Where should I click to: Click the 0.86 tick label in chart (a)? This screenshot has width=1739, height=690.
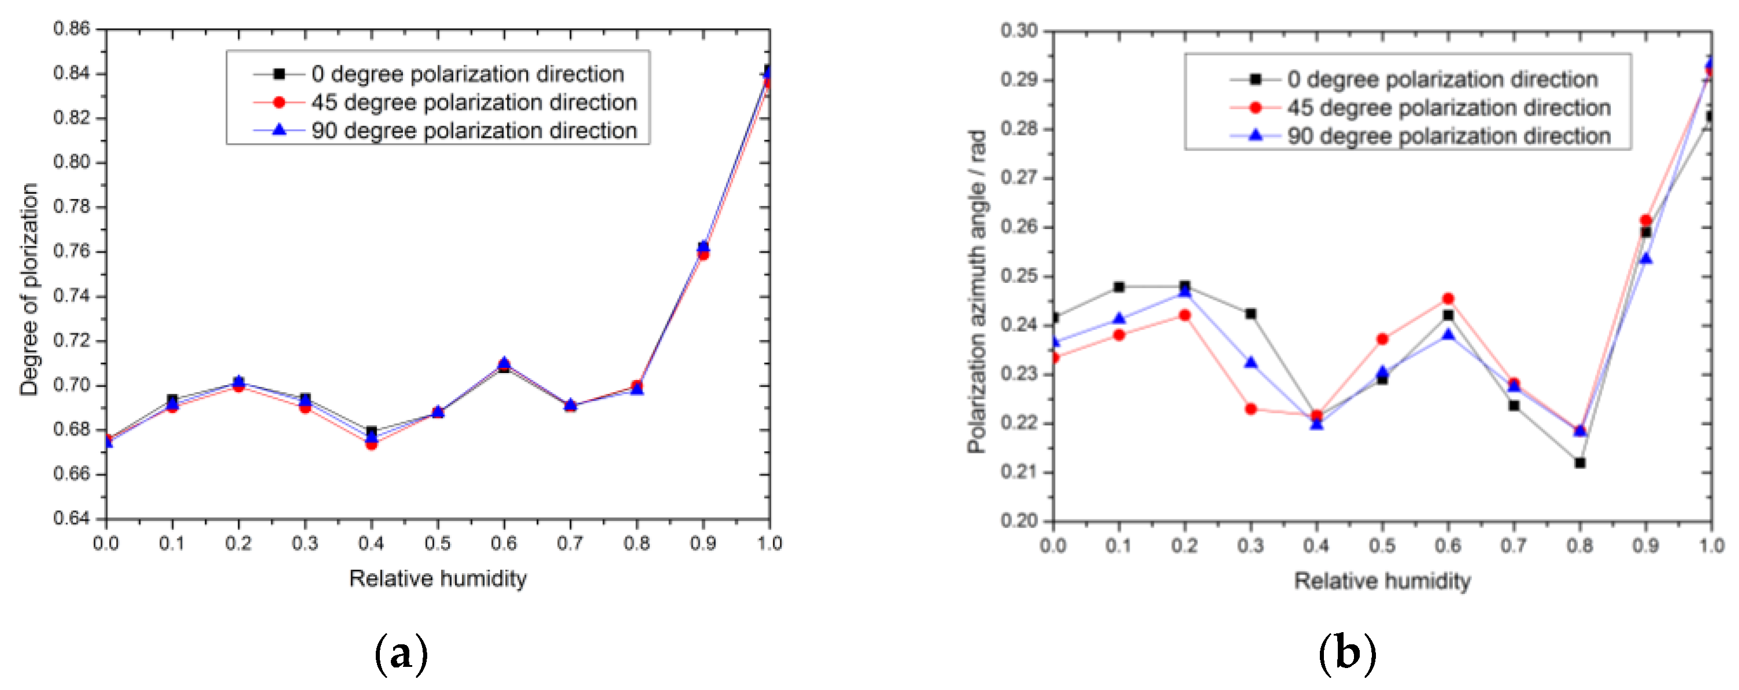tap(71, 28)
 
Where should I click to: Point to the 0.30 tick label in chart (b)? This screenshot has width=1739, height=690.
tap(1019, 31)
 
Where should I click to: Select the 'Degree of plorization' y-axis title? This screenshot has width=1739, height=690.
tap(29, 289)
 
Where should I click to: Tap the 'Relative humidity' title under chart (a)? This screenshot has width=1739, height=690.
tap(438, 578)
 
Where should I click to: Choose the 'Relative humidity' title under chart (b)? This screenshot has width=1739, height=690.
tap(1382, 581)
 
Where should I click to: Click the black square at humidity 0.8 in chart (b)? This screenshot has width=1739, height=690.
tap(1579, 463)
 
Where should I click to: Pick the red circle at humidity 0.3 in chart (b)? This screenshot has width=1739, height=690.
tap(1251, 409)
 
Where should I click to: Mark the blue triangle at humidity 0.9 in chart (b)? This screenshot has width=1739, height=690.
tap(1646, 259)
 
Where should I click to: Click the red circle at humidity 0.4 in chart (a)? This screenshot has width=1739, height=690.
tap(371, 444)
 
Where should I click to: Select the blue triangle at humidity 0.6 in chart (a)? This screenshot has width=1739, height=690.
tap(504, 363)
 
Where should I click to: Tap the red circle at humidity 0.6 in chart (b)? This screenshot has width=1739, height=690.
tap(1448, 298)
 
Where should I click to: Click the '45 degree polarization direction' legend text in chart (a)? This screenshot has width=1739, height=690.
tap(474, 102)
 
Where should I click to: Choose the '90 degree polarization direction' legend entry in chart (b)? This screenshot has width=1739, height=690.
tap(1448, 136)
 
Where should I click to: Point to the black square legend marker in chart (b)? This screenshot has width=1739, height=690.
tap(1256, 80)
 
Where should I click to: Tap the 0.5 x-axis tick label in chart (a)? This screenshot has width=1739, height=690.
tap(438, 544)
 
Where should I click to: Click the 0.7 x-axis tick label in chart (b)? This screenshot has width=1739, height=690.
tap(1514, 546)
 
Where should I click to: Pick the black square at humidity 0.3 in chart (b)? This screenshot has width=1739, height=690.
tap(1251, 314)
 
